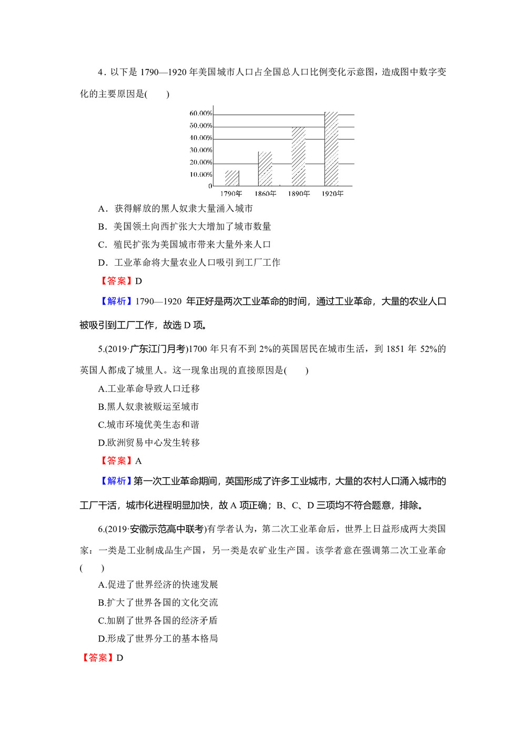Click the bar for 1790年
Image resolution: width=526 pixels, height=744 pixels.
pyautogui.click(x=232, y=178)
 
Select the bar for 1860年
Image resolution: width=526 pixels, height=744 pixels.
pyautogui.click(x=265, y=168)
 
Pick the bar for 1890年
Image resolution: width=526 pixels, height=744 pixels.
pyautogui.click(x=298, y=156)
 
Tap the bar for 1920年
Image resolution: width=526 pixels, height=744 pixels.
pyautogui.click(x=331, y=149)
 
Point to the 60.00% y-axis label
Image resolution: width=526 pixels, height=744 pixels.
pyautogui.click(x=201, y=114)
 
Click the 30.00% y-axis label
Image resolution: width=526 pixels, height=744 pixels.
pyautogui.click(x=201, y=150)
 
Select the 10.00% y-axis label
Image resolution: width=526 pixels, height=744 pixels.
pyautogui.click(x=201, y=175)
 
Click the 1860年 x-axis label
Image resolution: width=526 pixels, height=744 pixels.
pyautogui.click(x=265, y=194)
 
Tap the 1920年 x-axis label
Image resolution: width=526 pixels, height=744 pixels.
pyautogui.click(x=332, y=194)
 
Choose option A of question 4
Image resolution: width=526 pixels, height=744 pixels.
pyautogui.click(x=175, y=208)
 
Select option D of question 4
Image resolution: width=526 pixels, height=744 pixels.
pyautogui.click(x=189, y=262)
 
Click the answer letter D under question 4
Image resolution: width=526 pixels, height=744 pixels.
pyautogui.click(x=138, y=281)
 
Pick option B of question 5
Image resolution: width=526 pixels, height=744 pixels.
pyautogui.click(x=148, y=406)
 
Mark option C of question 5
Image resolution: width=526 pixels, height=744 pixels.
pyautogui.click(x=148, y=424)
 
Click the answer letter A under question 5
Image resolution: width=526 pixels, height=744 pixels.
pyautogui.click(x=138, y=461)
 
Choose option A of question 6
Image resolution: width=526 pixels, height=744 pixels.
pyautogui.click(x=158, y=584)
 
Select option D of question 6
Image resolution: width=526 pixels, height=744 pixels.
pyautogui.click(x=158, y=638)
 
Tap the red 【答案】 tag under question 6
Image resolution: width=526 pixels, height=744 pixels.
pyautogui.click(x=97, y=658)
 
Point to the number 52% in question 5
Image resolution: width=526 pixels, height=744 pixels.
pyautogui.click(x=428, y=349)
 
